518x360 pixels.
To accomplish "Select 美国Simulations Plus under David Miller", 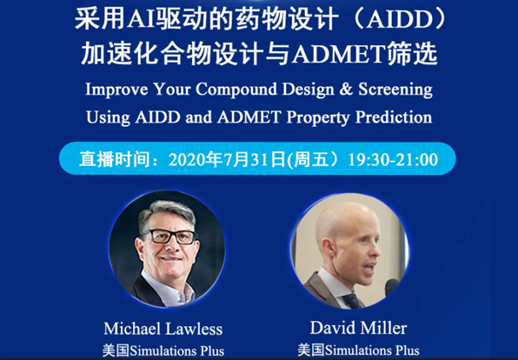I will [359, 350].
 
